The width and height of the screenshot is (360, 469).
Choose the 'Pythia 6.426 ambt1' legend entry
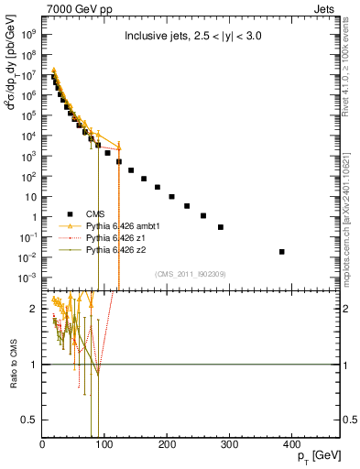pyautogui.click(x=124, y=224)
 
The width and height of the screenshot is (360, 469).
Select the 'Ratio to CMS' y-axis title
pyautogui.click(x=12, y=364)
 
